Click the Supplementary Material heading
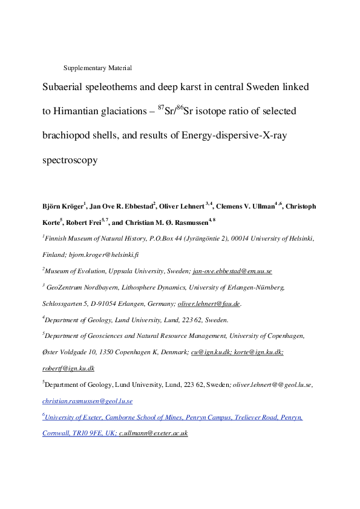[x=97, y=68]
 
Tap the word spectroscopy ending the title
[x=70, y=161]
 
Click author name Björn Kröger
[x=63, y=207]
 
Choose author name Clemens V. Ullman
[x=244, y=207]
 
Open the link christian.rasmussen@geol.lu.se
[x=88, y=401]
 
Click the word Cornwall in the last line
[x=57, y=433]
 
